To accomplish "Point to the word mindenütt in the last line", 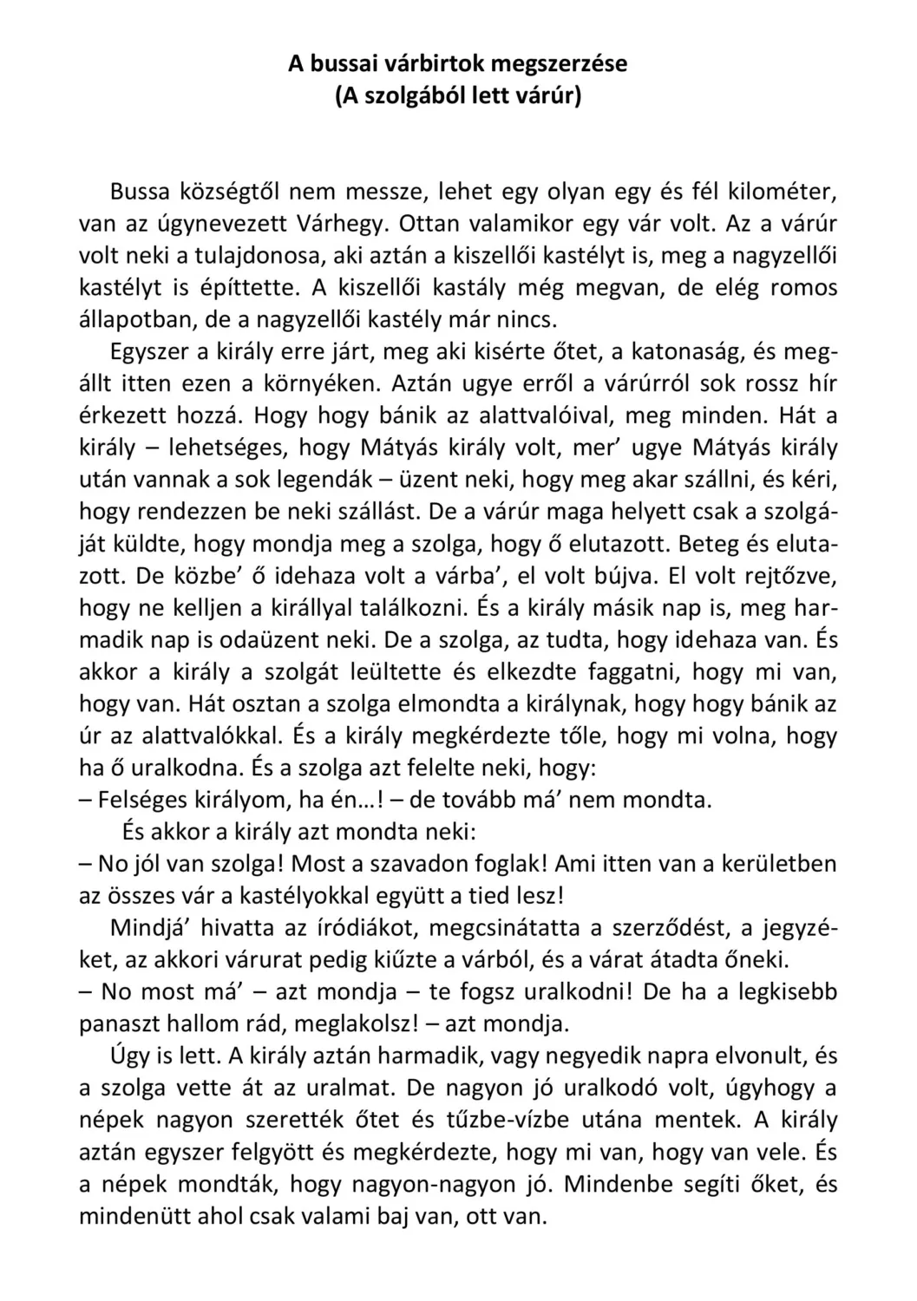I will [x=134, y=1216].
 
